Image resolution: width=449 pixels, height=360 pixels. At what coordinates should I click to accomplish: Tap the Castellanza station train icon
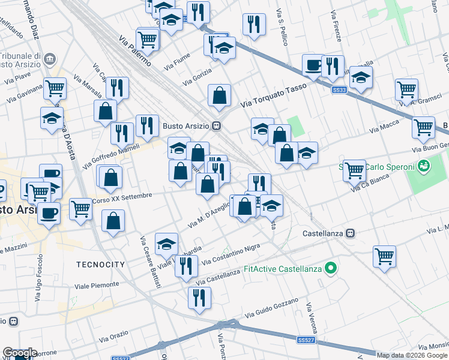click(353, 233)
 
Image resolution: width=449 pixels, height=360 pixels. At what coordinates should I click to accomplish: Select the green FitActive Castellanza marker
click(330, 268)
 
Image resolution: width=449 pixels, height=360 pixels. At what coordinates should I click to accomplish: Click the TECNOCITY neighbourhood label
click(100, 265)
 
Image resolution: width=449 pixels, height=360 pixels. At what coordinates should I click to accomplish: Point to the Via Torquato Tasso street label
click(273, 96)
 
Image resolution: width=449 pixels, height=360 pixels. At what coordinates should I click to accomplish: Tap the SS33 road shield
click(339, 90)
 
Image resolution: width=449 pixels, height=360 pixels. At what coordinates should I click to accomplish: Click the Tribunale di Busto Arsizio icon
click(49, 59)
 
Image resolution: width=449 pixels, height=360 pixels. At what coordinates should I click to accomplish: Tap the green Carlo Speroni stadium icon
click(424, 164)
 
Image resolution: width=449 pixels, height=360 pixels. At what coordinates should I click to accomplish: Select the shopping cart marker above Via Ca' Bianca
click(354, 170)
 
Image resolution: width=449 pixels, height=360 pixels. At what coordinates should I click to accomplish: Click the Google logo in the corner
click(20, 353)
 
